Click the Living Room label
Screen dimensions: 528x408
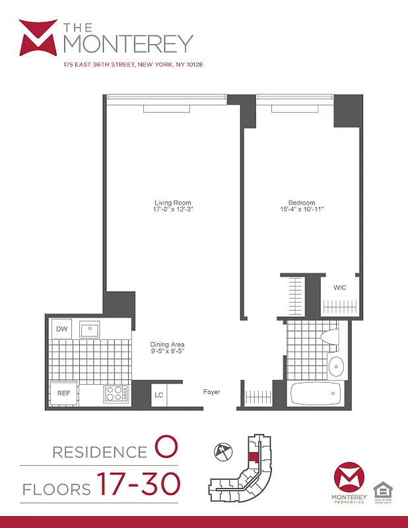172,203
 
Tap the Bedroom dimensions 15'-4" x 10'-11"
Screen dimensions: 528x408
302,210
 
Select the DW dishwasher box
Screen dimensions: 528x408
61,329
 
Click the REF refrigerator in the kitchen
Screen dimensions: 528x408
63,393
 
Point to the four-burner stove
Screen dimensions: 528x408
116,394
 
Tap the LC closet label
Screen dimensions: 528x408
158,395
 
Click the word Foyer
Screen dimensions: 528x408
211,392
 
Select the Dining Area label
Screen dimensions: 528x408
167,345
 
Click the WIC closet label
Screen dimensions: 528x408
339,288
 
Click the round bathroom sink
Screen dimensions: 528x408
336,365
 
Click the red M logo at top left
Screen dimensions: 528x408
38,38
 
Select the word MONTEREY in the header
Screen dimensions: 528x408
128,44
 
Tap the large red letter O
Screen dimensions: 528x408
165,449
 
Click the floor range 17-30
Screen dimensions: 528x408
139,485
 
